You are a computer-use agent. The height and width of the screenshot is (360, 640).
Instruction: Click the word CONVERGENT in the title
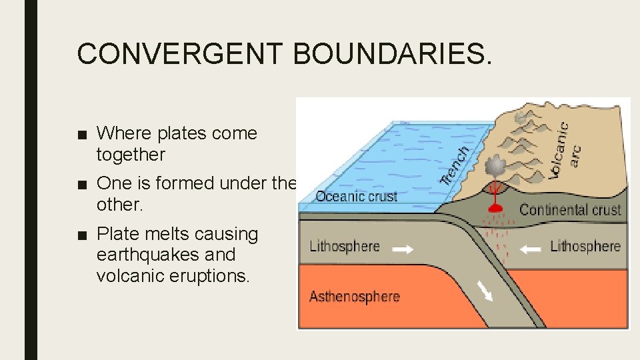coord(180,53)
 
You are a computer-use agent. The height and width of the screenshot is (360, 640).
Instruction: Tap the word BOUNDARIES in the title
coord(391,53)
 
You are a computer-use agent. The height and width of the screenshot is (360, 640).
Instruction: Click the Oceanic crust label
coord(356,196)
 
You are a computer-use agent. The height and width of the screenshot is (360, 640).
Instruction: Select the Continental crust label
coord(570,209)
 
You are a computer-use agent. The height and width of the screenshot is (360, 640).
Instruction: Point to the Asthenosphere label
coord(354,297)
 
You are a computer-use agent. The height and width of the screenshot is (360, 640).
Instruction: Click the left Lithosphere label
coord(345,247)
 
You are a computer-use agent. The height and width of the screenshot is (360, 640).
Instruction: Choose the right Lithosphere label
coord(585,247)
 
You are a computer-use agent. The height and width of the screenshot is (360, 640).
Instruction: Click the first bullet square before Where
coord(81,134)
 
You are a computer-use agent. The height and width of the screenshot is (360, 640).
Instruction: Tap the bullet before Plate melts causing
coord(81,235)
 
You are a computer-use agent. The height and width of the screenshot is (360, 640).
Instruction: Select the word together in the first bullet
coord(130,155)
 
